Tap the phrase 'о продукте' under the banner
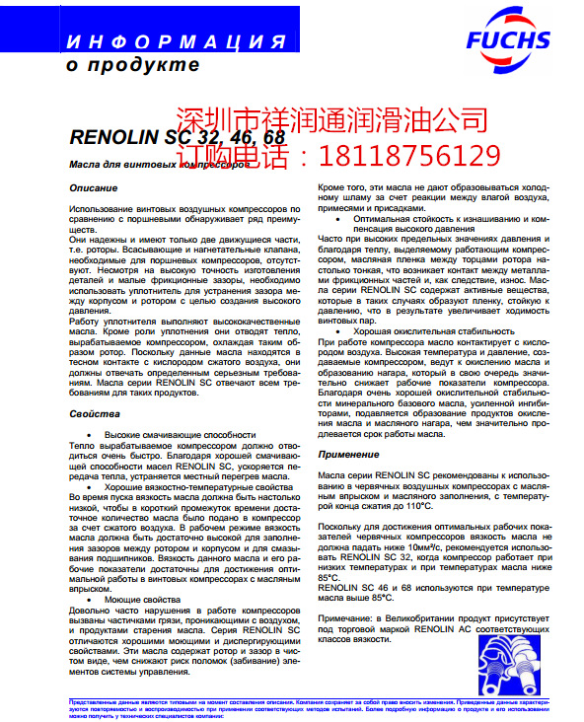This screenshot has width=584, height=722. pos(132,65)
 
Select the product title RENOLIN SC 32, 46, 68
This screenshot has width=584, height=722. pos(177,138)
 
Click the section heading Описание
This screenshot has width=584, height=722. pos(95,187)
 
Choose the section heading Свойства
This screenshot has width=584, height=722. pos(95,413)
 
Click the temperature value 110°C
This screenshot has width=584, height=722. pos(413,506)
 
